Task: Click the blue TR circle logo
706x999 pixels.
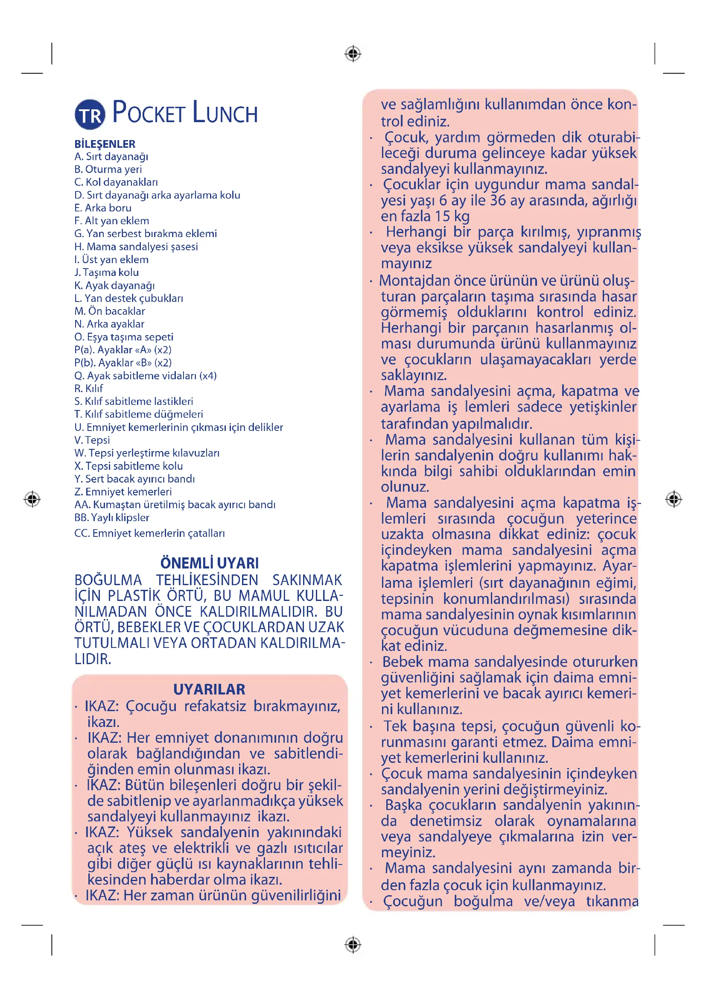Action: [90, 114]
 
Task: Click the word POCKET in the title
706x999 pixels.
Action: [149, 113]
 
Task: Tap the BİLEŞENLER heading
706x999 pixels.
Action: [105, 144]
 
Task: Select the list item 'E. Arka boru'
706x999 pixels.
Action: [102, 208]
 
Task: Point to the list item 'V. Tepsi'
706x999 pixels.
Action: [92, 440]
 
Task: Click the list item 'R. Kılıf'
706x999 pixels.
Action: [89, 388]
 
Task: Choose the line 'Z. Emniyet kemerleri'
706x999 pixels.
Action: [123, 492]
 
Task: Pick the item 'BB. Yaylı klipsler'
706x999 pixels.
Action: [112, 517]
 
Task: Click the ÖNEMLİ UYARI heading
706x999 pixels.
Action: [210, 563]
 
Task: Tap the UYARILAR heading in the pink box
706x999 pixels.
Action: [209, 690]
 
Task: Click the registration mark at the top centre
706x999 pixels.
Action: [353, 54]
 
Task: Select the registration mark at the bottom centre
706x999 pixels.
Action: [353, 945]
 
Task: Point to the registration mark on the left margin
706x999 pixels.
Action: [32, 499]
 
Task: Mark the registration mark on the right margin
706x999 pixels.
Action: [674, 499]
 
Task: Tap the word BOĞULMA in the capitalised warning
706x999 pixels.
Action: [108, 580]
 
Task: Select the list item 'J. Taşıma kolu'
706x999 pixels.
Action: [107, 272]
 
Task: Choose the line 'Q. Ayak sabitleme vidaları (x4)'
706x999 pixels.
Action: [145, 375]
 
